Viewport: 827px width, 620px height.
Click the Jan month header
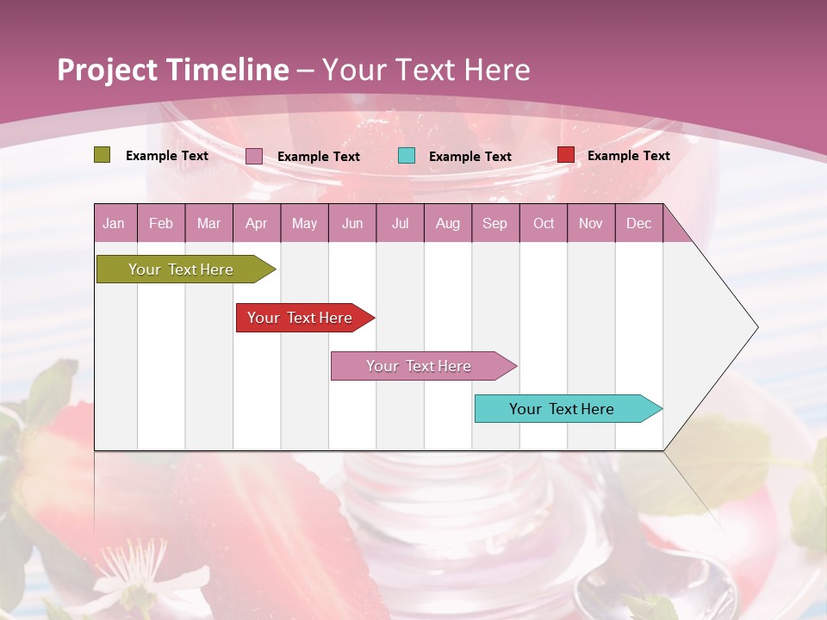[x=114, y=223]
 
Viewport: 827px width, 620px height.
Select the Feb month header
[x=161, y=223]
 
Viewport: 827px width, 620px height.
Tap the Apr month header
[x=256, y=223]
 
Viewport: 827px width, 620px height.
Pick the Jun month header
[x=352, y=223]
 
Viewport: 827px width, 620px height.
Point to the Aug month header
[x=447, y=223]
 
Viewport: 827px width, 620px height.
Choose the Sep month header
[x=494, y=223]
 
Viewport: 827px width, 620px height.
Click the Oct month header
[x=544, y=223]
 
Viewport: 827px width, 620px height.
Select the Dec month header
[x=638, y=223]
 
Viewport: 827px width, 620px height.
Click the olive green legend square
[x=102, y=155]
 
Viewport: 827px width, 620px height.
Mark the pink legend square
[x=253, y=156]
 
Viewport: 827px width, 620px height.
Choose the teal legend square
[x=407, y=156]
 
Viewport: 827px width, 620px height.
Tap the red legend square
[x=565, y=155]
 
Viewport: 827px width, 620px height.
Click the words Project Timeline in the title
[x=172, y=70]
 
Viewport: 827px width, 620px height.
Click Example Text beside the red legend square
[x=628, y=156]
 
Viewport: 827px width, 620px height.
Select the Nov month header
[x=591, y=223]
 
